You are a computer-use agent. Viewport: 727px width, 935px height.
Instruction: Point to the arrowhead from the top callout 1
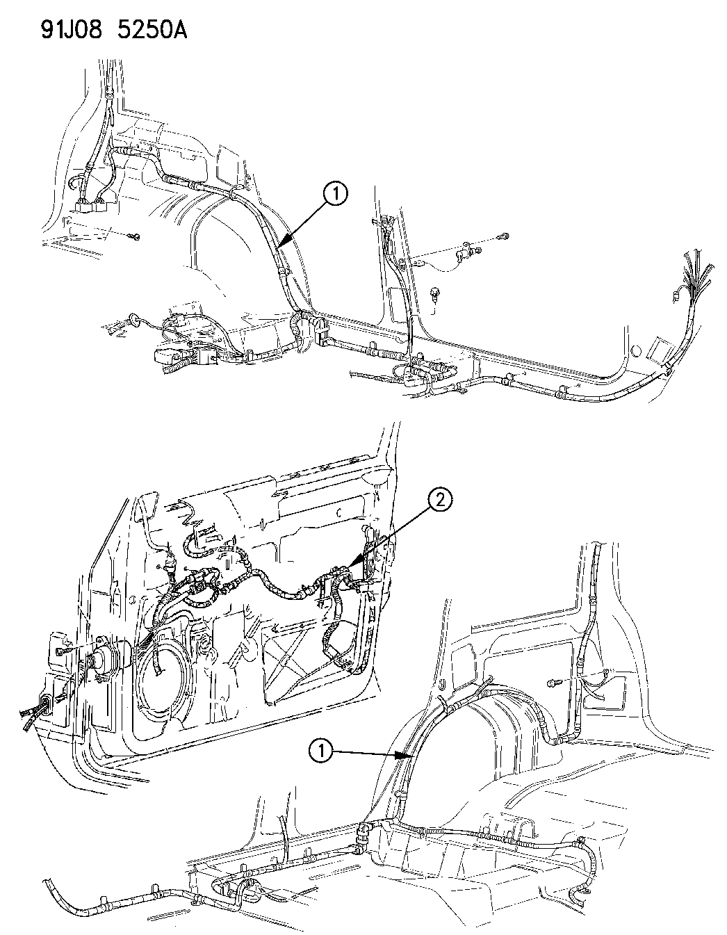pos(281,243)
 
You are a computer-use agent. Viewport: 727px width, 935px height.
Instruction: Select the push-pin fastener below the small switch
pos(435,295)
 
